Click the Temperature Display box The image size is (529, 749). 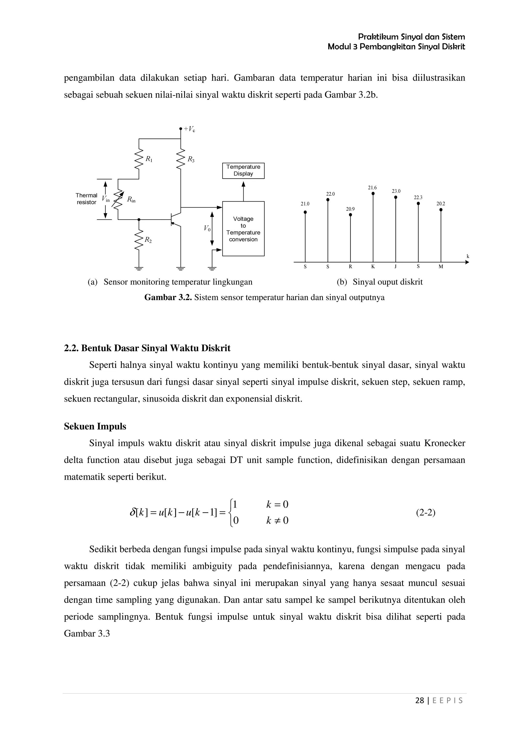[x=243, y=171]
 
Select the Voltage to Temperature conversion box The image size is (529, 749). [x=243, y=229]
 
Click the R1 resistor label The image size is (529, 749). [x=149, y=159]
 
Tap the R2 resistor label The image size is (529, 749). [x=148, y=240]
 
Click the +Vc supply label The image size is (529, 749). [x=189, y=129]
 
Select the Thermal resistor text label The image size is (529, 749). [x=86, y=199]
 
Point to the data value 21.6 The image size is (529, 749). [x=372, y=188]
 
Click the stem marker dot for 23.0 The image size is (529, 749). [x=396, y=197]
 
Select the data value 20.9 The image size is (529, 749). [x=350, y=209]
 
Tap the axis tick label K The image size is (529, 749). [x=373, y=266]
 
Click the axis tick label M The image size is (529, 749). [x=441, y=266]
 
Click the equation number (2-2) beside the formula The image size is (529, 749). [x=426, y=513]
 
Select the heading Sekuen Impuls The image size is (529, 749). [x=95, y=426]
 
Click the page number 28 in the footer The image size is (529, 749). [x=419, y=700]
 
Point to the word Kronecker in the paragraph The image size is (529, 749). [x=445, y=443]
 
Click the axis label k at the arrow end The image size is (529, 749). [x=468, y=256]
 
